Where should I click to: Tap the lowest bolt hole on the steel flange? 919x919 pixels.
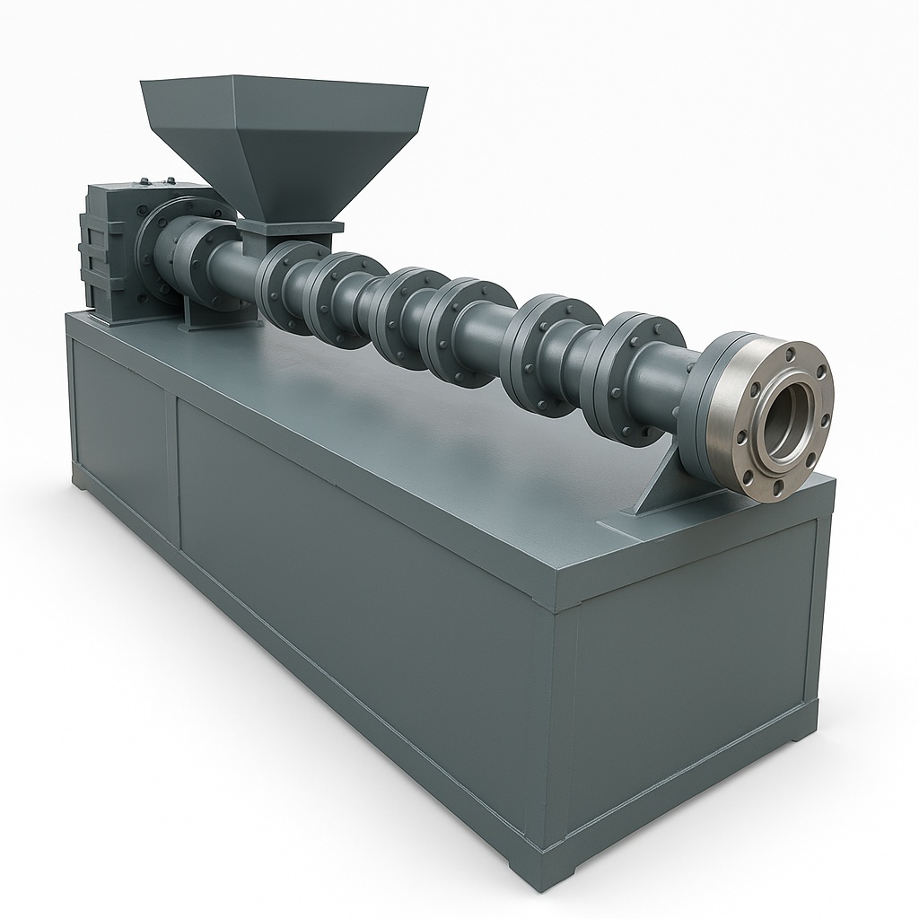click(776, 486)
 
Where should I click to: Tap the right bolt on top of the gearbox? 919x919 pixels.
click(171, 179)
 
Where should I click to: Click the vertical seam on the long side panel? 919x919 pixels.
click(172, 467)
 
